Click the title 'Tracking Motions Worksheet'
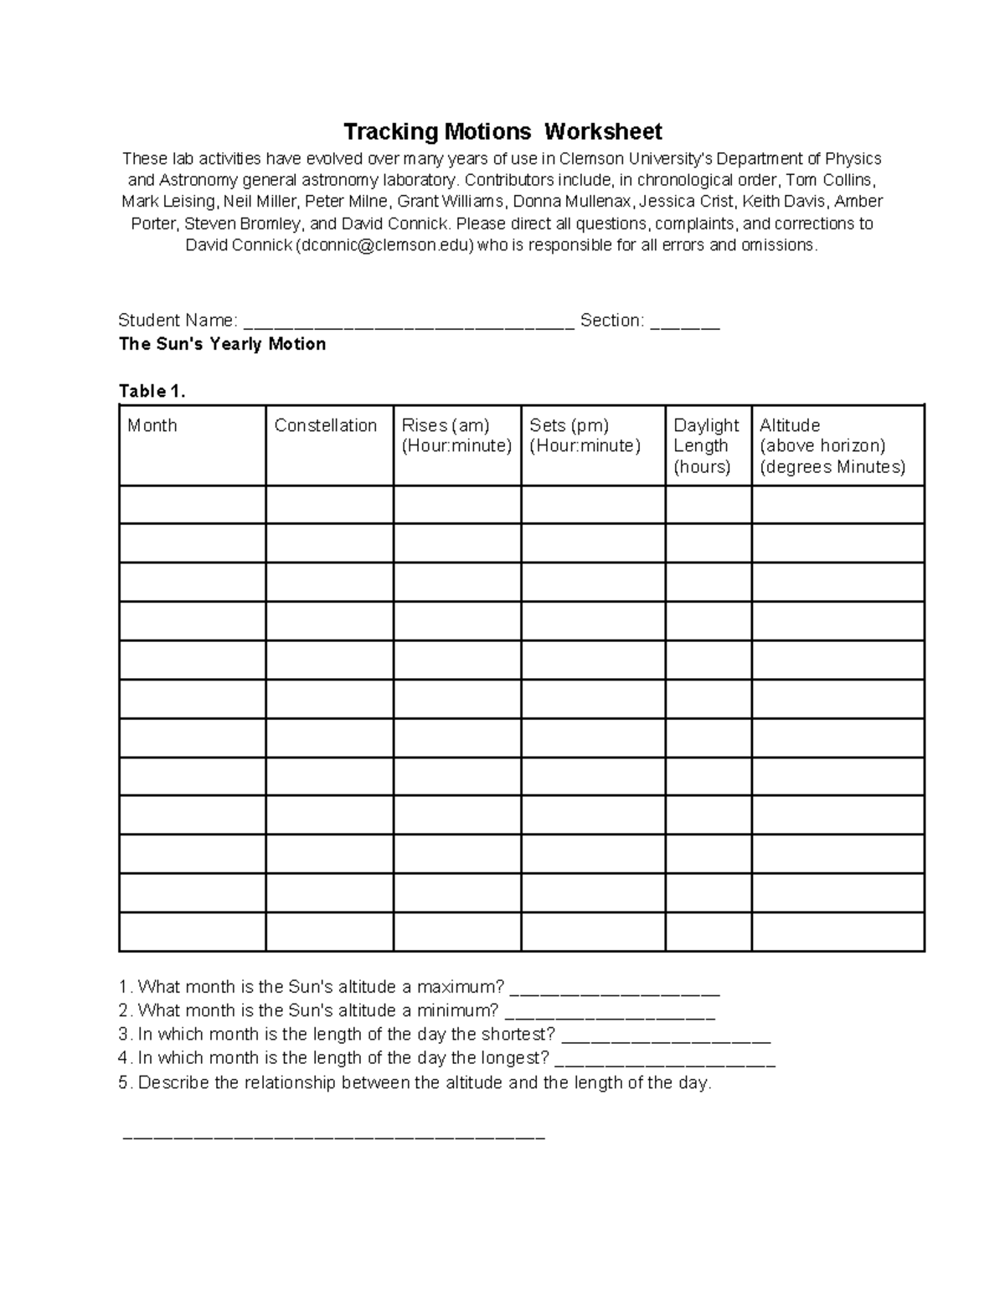pos(502,131)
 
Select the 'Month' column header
pos(152,425)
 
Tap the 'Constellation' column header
pos(326,425)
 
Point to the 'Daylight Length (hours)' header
pos(707,445)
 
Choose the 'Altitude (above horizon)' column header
pos(832,445)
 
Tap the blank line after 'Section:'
pos(685,323)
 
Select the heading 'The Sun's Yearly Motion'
pos(222,344)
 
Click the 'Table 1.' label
pos(152,391)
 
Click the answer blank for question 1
pos(615,989)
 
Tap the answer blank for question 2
pos(610,1013)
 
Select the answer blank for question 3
pos(666,1036)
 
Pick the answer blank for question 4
pos(666,1061)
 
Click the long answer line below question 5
pos(333,1137)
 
